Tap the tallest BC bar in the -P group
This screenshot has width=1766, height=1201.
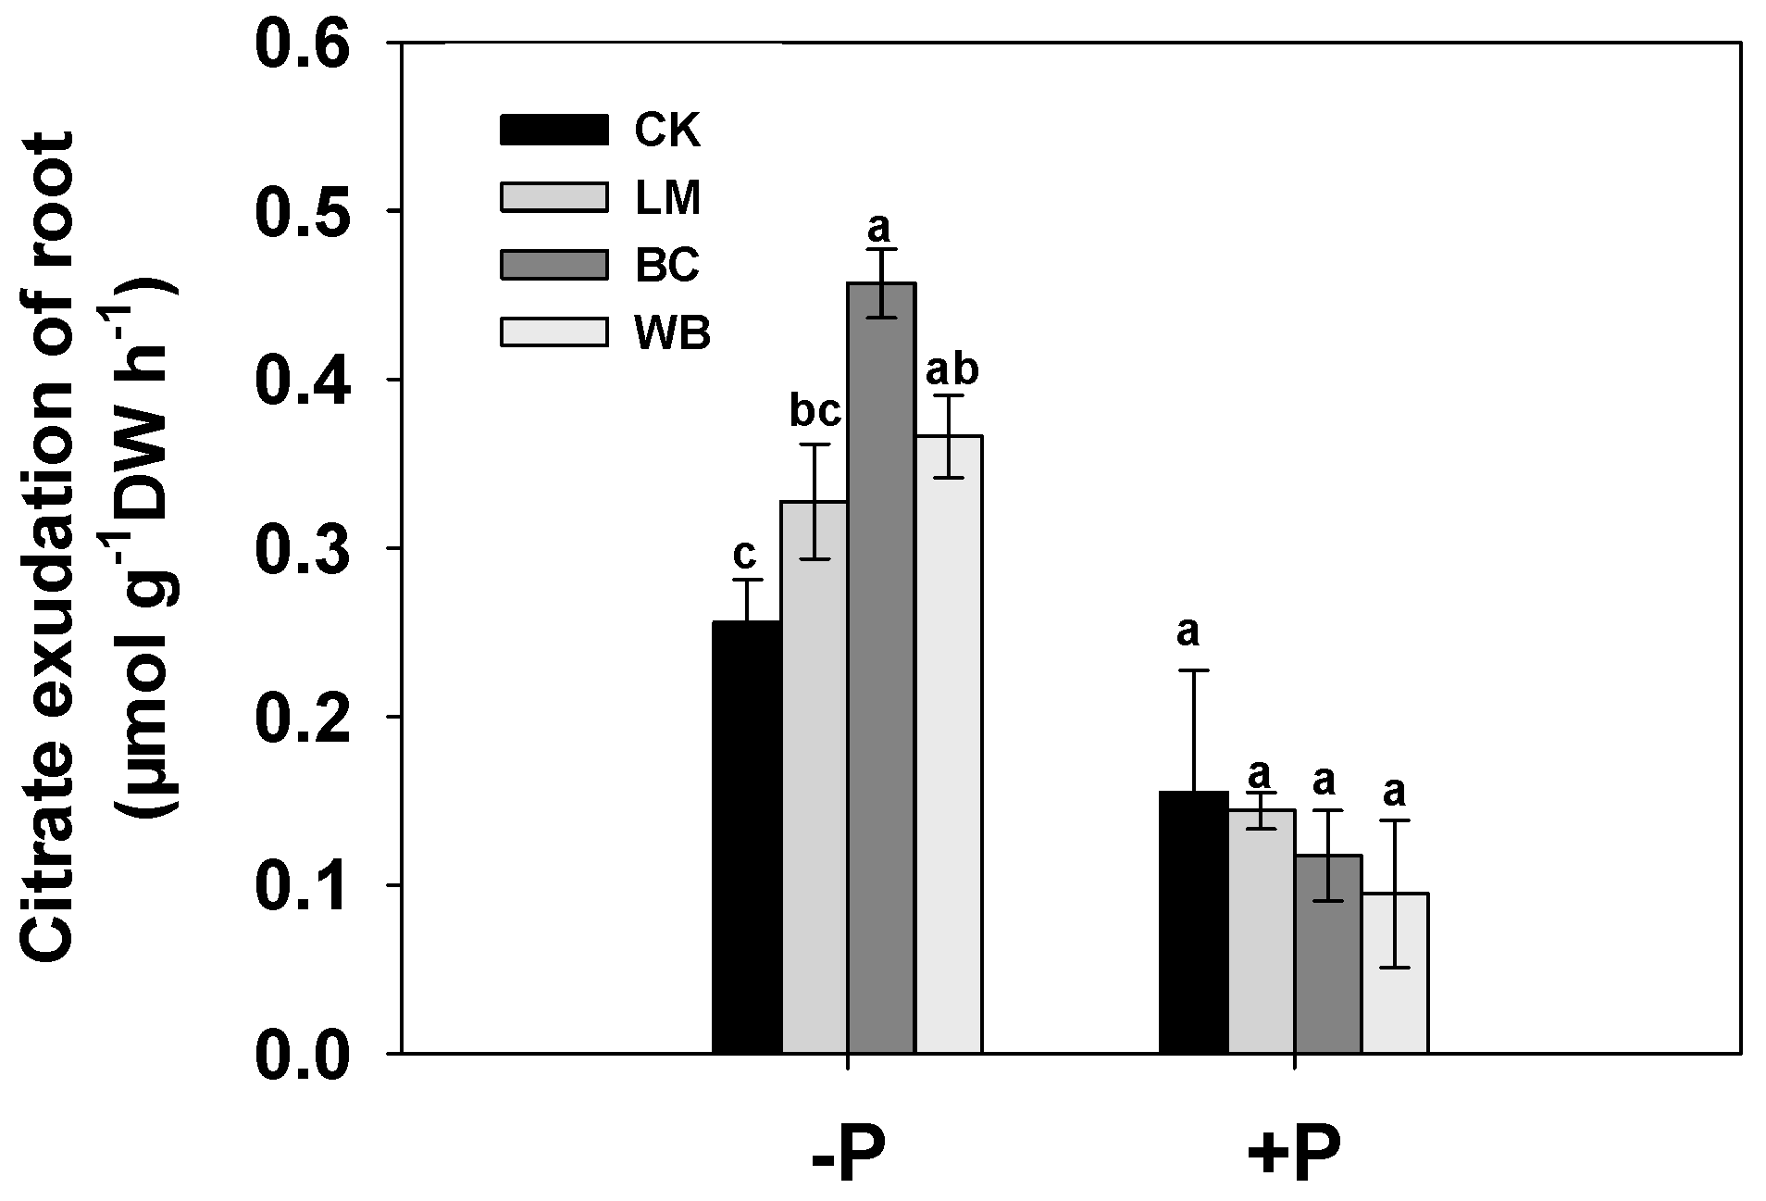click(882, 667)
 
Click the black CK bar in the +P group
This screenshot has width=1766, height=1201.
click(1194, 921)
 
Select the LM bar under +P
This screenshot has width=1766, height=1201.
click(1262, 931)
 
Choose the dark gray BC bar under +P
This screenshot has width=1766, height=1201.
click(1328, 954)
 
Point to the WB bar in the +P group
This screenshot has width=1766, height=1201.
click(1395, 972)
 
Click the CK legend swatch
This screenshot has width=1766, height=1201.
click(554, 130)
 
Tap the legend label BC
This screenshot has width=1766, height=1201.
click(668, 267)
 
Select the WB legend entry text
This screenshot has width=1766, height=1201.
click(673, 334)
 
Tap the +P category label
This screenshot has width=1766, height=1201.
click(1294, 1155)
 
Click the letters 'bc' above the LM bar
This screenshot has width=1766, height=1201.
click(815, 413)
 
